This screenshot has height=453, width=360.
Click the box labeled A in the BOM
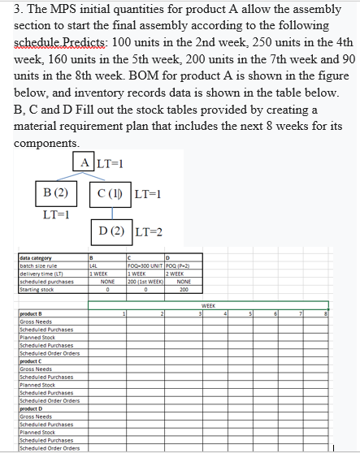pos(87,162)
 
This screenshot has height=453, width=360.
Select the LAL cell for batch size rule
pos(94,264)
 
